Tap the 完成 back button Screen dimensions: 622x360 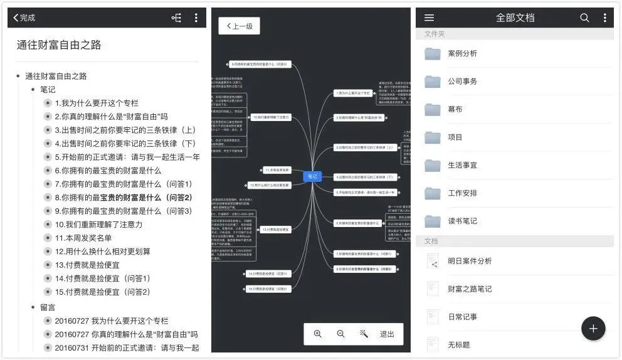click(x=24, y=18)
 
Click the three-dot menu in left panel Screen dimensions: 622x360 click(x=196, y=18)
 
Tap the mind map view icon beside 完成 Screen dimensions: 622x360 click(x=176, y=18)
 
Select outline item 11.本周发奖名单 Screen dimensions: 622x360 click(x=83, y=238)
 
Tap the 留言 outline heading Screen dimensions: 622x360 click(x=48, y=307)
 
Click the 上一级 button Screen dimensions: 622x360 click(x=239, y=26)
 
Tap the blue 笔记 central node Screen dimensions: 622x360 click(x=312, y=176)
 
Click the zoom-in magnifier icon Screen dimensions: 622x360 click(x=318, y=334)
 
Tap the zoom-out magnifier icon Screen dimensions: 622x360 click(x=340, y=334)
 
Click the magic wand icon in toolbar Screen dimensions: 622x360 click(x=364, y=334)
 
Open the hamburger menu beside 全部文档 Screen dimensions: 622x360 click(x=430, y=18)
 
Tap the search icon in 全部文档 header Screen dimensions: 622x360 click(x=584, y=18)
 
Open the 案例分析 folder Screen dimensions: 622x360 click(x=462, y=53)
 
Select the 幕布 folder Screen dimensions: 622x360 click(x=455, y=109)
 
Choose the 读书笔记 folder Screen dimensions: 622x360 click(x=462, y=221)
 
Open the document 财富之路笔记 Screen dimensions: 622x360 click(x=470, y=289)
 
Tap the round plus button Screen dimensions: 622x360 click(x=593, y=328)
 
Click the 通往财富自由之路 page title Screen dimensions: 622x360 click(x=59, y=45)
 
